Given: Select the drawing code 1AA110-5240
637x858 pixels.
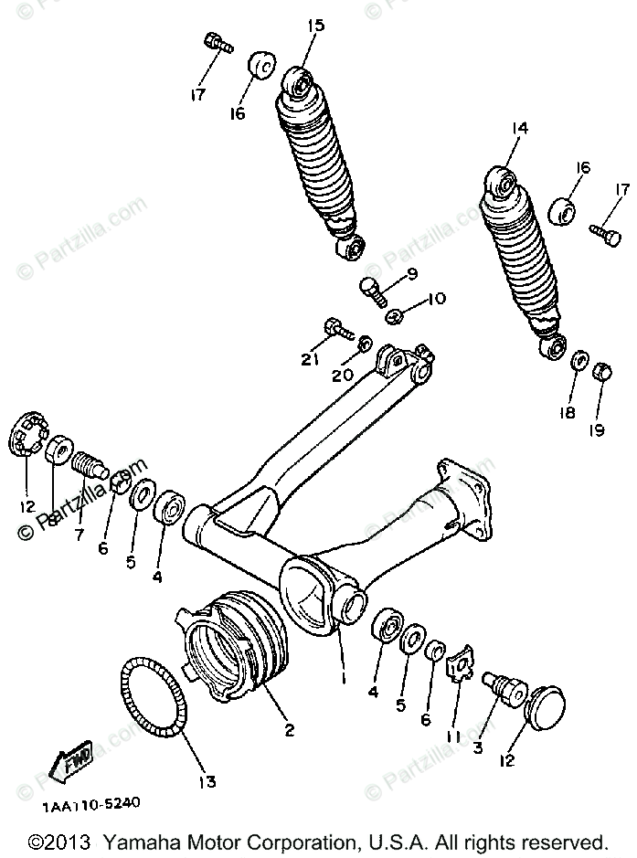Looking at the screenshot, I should tap(90, 804).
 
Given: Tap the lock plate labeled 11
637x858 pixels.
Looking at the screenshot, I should tap(463, 664).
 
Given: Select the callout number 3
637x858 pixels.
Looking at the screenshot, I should tap(476, 747).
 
